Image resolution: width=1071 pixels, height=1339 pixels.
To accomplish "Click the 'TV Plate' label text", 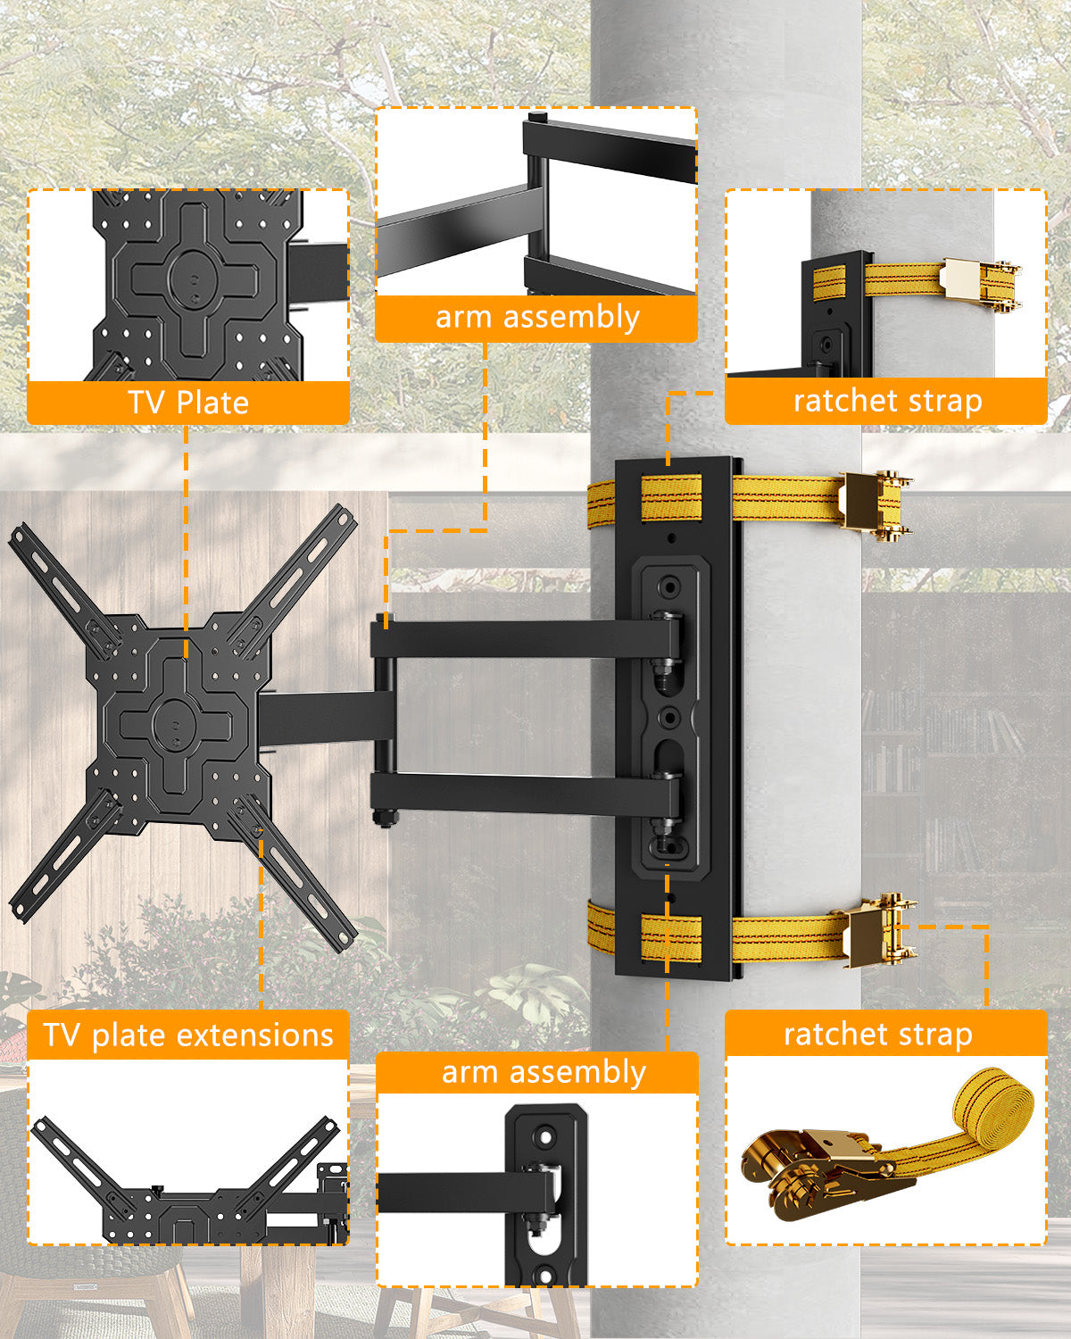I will click(187, 403).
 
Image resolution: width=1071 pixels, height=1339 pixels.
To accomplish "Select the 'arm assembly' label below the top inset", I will click(536, 318).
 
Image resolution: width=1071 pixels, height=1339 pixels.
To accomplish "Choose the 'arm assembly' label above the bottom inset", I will click(543, 1072).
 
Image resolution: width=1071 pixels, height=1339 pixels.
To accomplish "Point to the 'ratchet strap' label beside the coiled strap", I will click(877, 1034).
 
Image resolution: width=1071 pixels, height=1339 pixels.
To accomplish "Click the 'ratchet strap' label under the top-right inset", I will click(887, 401).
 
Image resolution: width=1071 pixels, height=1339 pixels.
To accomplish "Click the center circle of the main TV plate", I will click(177, 721).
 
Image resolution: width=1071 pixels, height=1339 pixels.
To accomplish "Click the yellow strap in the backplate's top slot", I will click(671, 498).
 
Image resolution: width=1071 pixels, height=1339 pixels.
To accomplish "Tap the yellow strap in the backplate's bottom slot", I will click(671, 937).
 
